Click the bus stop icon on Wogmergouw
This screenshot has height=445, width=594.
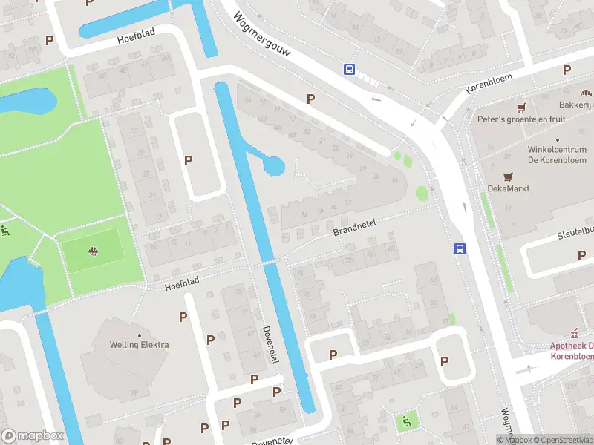tap(349, 69)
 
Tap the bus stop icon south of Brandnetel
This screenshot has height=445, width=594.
tap(460, 249)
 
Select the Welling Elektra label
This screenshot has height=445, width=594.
tap(139, 344)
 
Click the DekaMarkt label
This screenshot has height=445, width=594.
tap(508, 188)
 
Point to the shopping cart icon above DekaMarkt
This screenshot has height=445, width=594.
tap(508, 177)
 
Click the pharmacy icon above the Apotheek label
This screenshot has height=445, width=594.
tap(573, 333)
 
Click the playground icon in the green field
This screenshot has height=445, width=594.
tap(93, 251)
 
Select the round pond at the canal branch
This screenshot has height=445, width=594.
tap(274, 165)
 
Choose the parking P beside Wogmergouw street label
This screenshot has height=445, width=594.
tap(310, 99)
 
